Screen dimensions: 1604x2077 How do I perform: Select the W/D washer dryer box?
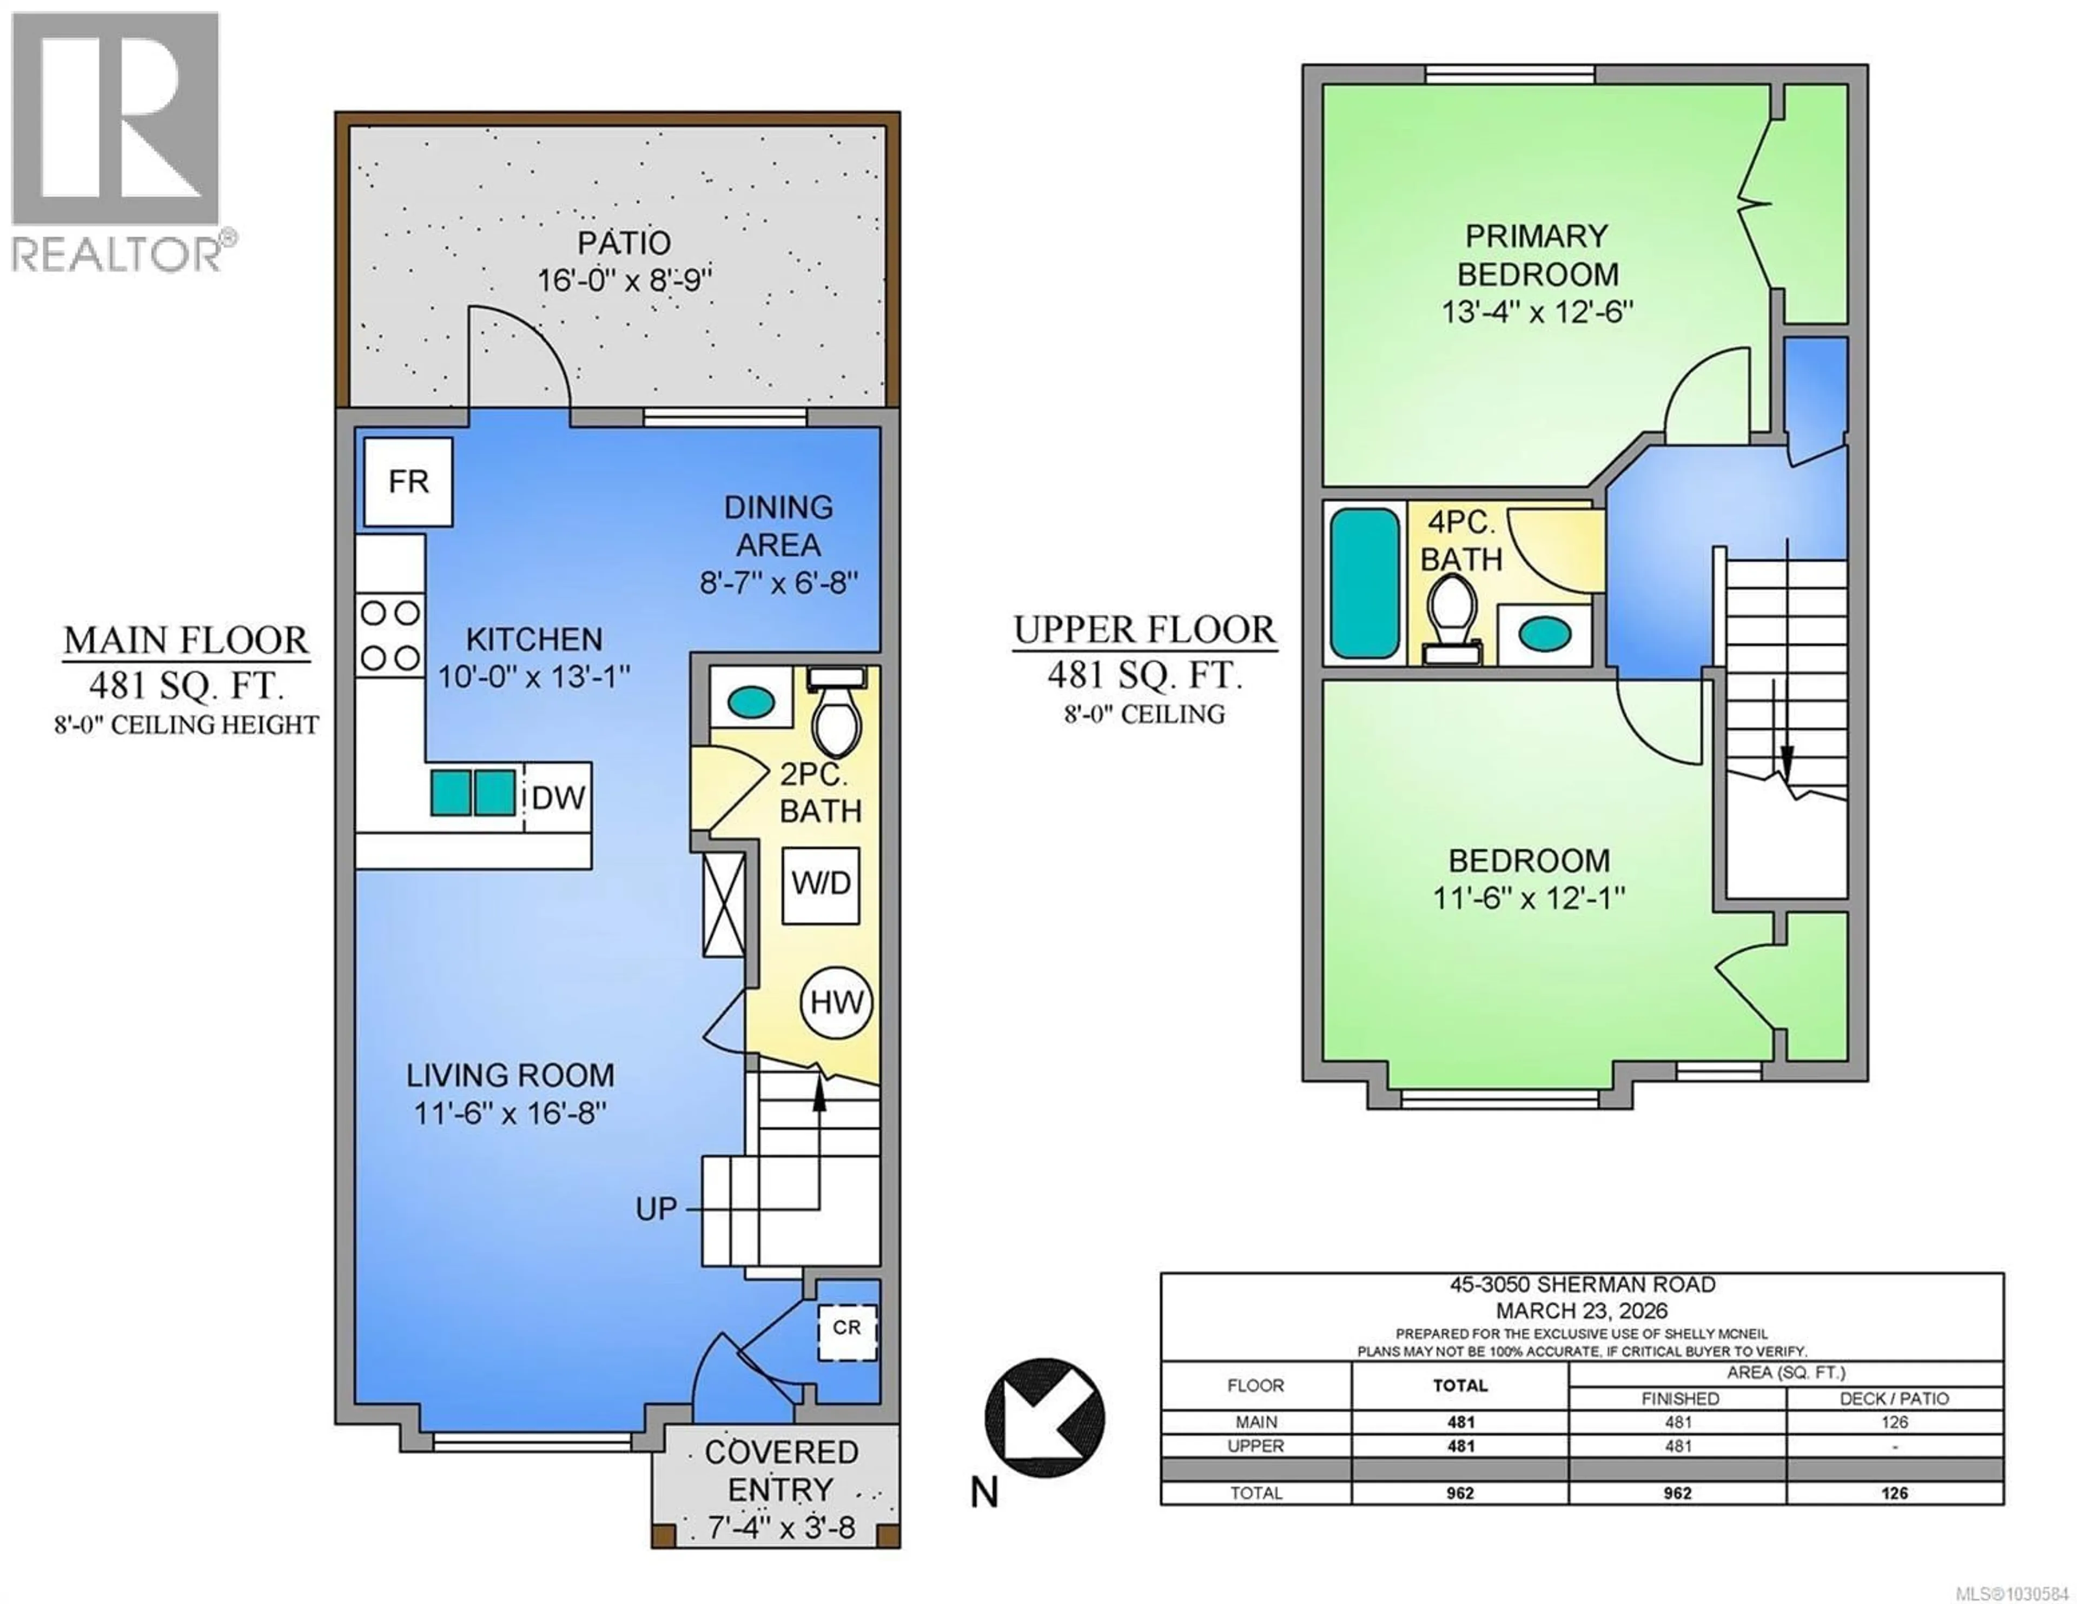(x=821, y=884)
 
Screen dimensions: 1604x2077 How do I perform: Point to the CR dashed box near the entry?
(x=846, y=1328)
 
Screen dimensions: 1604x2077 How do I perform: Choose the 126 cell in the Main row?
(x=1894, y=1422)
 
